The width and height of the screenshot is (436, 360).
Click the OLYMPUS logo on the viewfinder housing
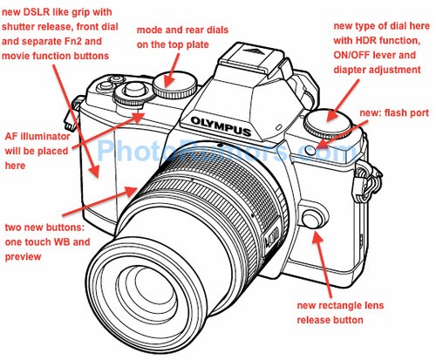click(x=221, y=126)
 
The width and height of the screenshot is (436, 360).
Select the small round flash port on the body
click(x=310, y=150)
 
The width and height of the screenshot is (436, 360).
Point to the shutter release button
click(x=134, y=89)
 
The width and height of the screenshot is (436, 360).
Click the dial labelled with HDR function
click(x=328, y=123)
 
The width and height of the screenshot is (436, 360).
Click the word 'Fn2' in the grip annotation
click(x=67, y=41)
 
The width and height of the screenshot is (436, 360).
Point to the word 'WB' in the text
click(x=60, y=241)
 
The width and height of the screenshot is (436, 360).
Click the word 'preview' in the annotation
click(x=23, y=257)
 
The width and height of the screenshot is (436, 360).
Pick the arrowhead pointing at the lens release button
click(x=317, y=237)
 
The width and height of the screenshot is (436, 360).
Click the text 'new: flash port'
click(x=394, y=113)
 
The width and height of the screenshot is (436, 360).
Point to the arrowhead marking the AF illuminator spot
click(x=140, y=117)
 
